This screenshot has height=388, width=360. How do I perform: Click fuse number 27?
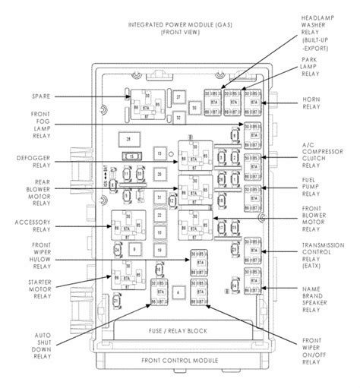[x=178, y=97]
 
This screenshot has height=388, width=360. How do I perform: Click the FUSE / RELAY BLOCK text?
[x=178, y=331]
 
